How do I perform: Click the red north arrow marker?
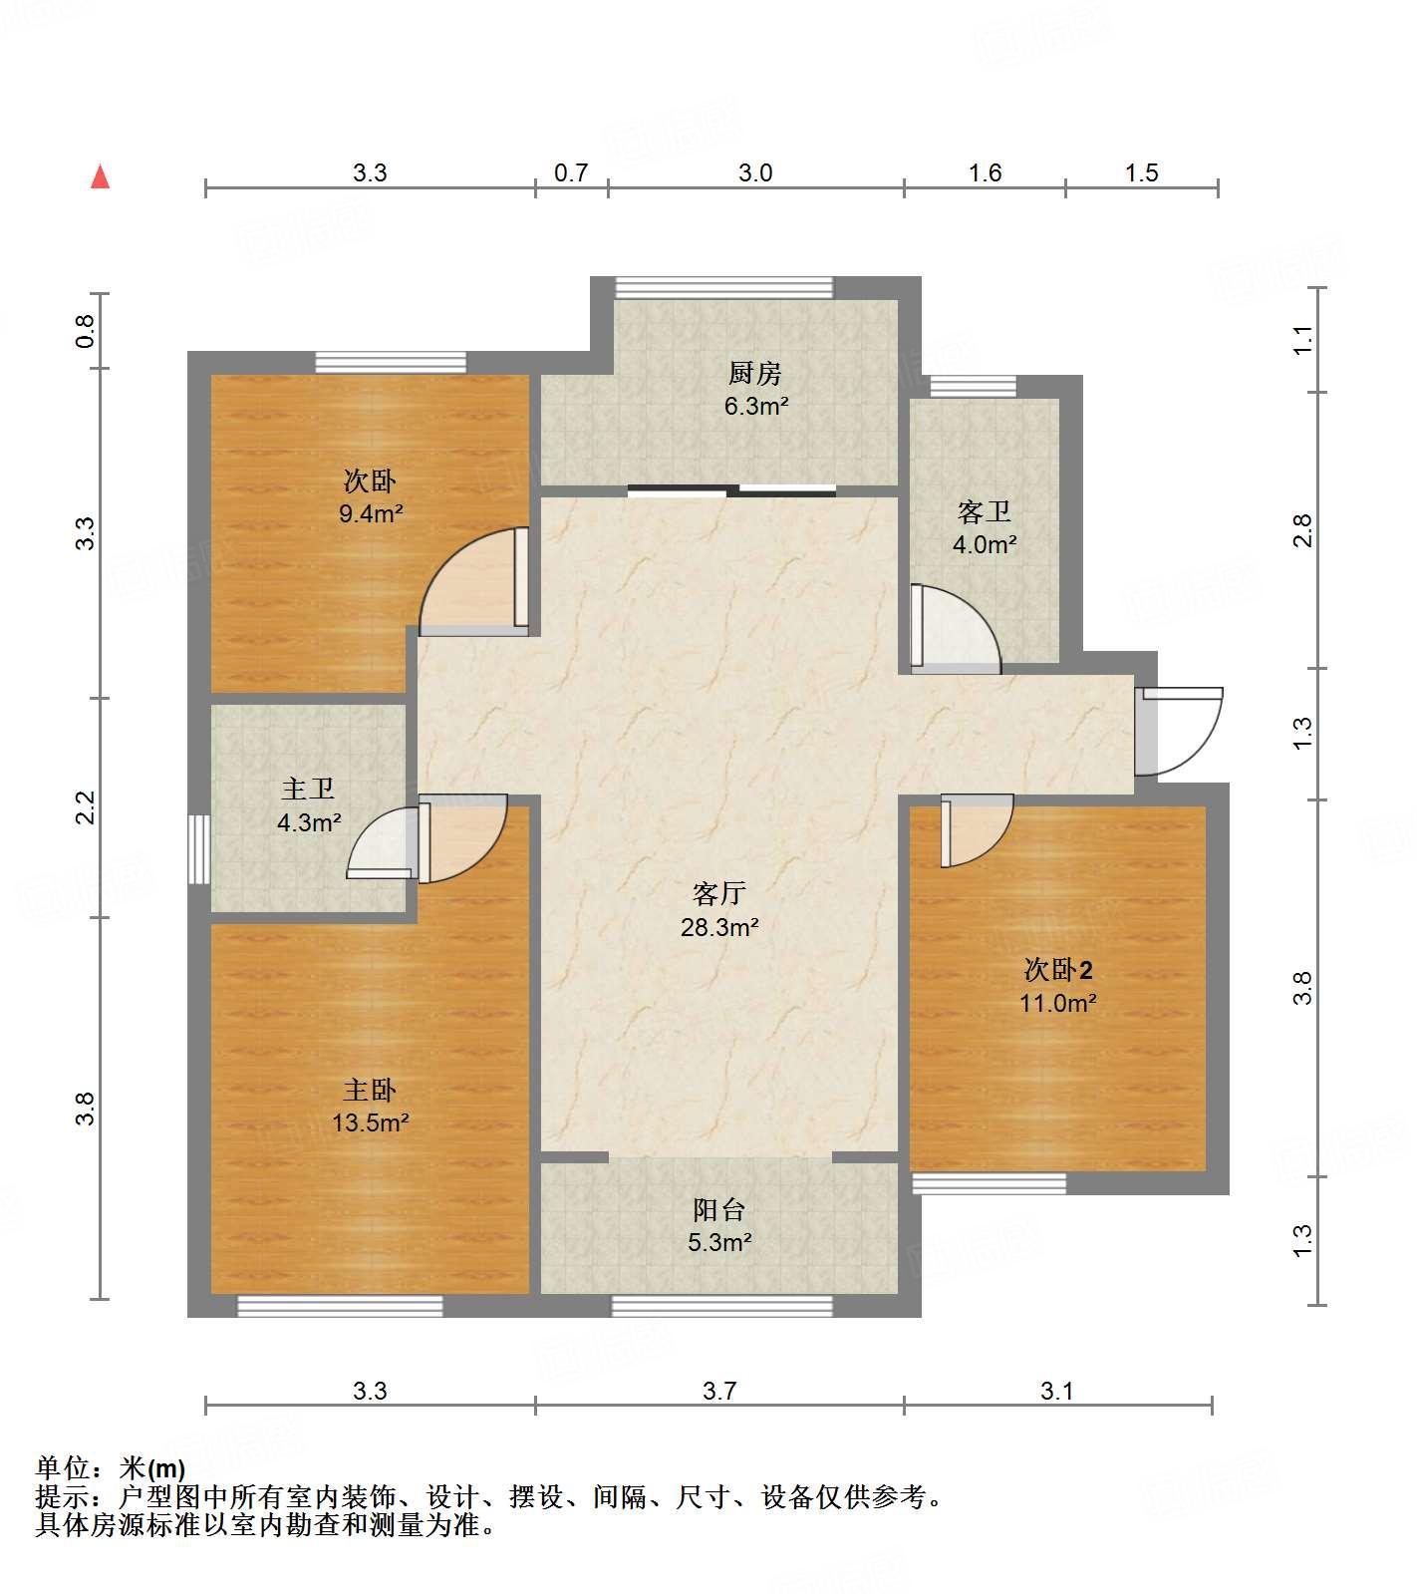[x=100, y=176]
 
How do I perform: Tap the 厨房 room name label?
[x=754, y=374]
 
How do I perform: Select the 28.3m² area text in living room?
[x=719, y=927]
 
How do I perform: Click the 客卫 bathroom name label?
[x=984, y=512]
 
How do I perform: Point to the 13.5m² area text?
[x=370, y=1123]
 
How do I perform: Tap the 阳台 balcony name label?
[x=718, y=1210]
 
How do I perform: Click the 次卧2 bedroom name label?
[x=1058, y=970]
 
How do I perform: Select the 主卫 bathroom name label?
[x=308, y=790]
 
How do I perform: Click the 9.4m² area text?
[x=370, y=514]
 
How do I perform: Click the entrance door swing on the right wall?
[x=1181, y=731]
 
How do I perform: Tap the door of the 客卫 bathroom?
[x=955, y=628]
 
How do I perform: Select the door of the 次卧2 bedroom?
[x=977, y=829]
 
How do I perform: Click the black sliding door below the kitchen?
[x=732, y=489]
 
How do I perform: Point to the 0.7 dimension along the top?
[x=571, y=173]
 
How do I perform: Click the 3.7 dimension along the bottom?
[x=719, y=1391]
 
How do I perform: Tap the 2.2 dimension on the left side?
[x=86, y=806]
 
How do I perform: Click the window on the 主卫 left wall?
[x=199, y=849]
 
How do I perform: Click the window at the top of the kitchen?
[x=723, y=287]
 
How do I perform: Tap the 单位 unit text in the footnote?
[x=63, y=1467]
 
